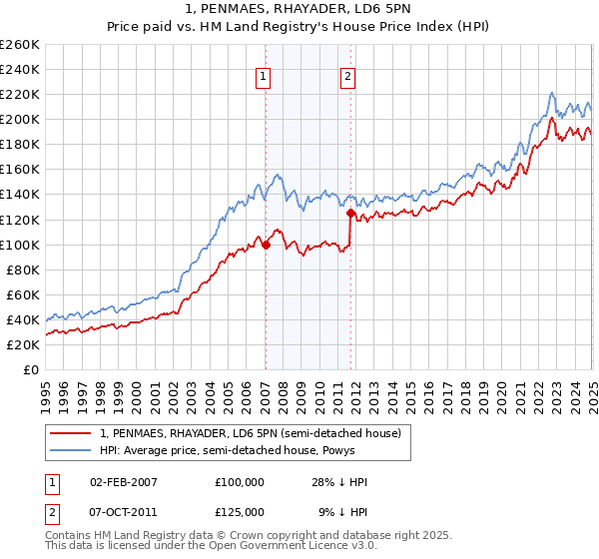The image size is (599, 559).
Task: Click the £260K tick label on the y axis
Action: pyautogui.click(x=19, y=45)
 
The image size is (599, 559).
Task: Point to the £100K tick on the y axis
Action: pyautogui.click(x=19, y=245)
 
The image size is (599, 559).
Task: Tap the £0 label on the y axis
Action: pyautogui.click(x=30, y=370)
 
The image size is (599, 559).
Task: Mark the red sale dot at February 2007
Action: pyautogui.click(x=267, y=245)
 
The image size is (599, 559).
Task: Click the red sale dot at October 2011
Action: pyautogui.click(x=351, y=213)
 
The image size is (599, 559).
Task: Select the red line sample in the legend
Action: pyautogui.click(x=70, y=433)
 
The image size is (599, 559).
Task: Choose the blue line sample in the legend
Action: pyautogui.click(x=70, y=450)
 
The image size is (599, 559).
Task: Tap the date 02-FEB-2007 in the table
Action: pyautogui.click(x=124, y=482)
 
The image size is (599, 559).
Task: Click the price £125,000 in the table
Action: pyautogui.click(x=240, y=510)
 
